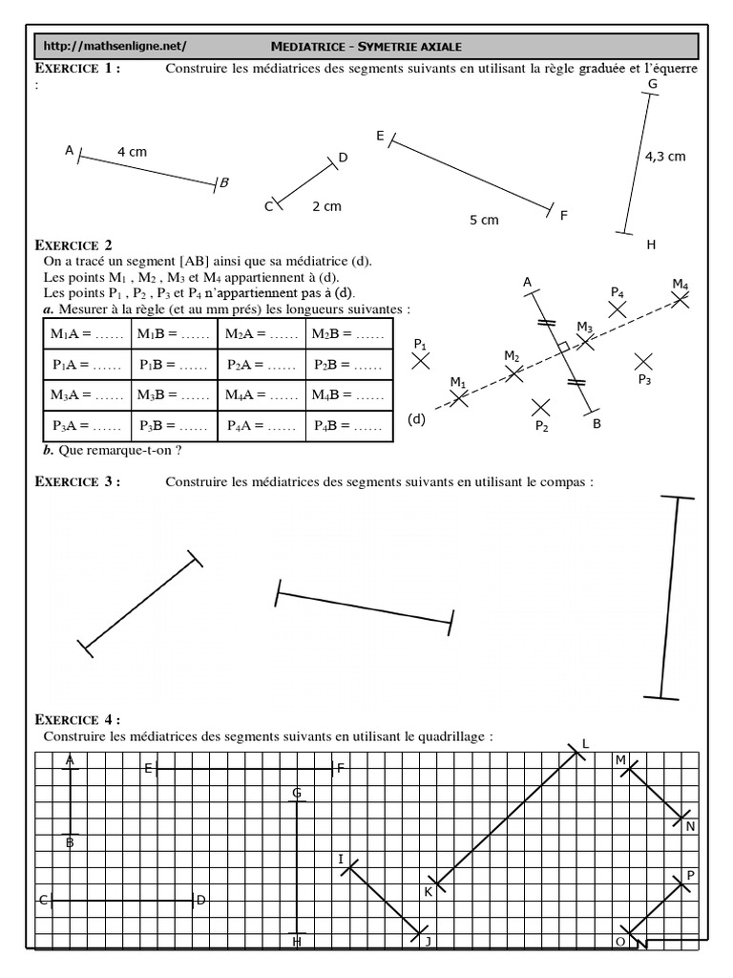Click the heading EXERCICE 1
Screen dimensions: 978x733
click(77, 68)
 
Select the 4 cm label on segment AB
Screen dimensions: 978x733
click(132, 152)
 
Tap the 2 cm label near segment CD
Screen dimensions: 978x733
click(326, 205)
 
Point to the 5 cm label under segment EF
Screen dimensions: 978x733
click(484, 220)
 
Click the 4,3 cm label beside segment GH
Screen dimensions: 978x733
click(665, 157)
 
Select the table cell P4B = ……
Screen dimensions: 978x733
click(349, 426)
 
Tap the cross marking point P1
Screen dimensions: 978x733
click(421, 360)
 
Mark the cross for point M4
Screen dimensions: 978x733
click(680, 299)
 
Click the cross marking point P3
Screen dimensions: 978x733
click(644, 360)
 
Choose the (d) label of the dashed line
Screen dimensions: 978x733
click(416, 419)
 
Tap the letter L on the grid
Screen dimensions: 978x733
click(585, 744)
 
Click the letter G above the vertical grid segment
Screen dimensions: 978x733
click(297, 793)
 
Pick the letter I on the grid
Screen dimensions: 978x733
click(341, 860)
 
